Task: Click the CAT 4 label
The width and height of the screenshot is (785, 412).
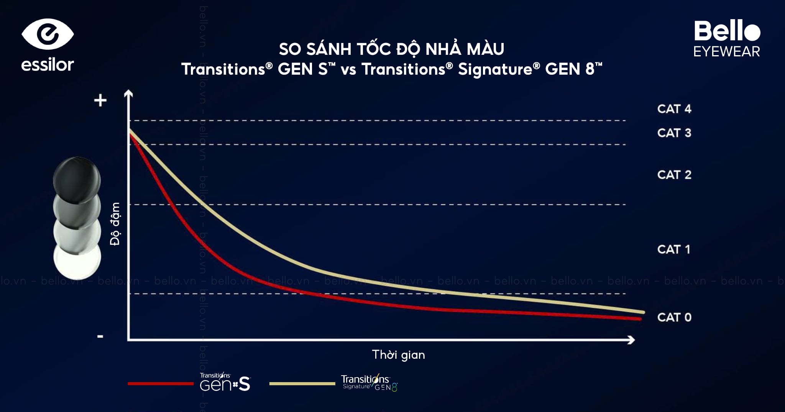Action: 674,109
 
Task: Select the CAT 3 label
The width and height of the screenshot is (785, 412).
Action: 674,133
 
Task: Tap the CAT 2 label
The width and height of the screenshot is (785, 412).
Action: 674,175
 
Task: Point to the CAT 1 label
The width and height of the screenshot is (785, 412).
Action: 673,249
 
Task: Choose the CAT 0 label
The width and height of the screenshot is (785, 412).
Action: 674,317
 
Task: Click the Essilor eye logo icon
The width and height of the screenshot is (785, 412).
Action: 48,34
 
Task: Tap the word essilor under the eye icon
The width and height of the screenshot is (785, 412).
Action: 48,65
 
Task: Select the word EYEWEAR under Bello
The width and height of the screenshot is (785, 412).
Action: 726,52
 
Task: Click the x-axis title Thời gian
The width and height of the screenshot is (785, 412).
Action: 398,355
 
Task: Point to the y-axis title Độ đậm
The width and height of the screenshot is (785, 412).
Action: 115,224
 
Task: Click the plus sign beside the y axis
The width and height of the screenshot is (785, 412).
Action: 100,101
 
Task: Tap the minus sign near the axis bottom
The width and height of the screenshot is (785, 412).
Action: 100,336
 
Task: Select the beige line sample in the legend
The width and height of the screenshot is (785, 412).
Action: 302,384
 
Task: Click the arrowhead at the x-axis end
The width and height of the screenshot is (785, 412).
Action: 631,340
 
